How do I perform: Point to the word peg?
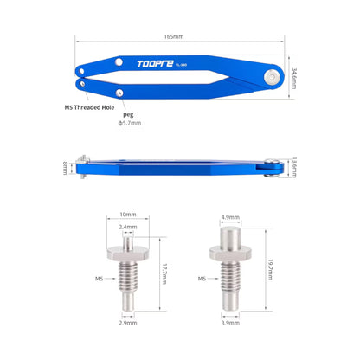point(128,113)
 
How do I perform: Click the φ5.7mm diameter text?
point(130,123)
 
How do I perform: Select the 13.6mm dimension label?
point(294,167)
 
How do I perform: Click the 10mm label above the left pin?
point(128,214)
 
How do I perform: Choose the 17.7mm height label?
point(163,275)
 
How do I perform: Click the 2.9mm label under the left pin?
point(128,322)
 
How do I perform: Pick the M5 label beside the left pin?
point(98,280)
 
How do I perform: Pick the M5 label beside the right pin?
point(201,279)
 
